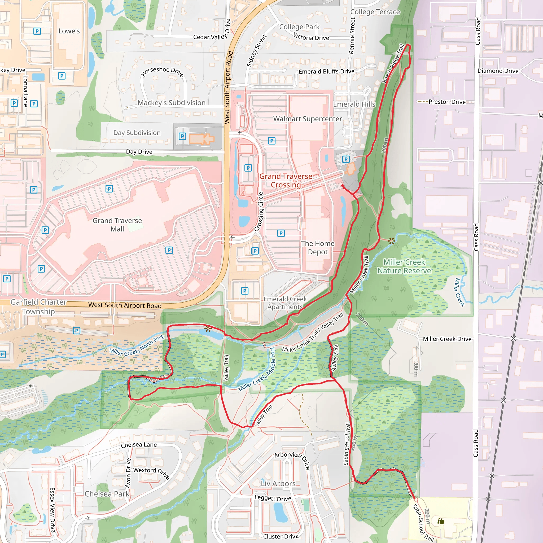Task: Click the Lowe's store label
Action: coord(69,31)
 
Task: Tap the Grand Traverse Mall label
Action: coord(117,225)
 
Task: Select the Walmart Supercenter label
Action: coord(308,119)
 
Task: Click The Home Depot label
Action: coord(318,247)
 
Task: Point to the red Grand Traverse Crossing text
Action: coord(286,181)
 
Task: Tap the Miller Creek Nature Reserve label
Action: coord(404,266)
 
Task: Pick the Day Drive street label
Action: coord(139,152)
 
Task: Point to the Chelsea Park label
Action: coord(107,494)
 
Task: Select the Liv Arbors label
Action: coord(278,483)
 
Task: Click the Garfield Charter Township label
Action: coord(38,307)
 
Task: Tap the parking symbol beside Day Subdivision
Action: coord(182,137)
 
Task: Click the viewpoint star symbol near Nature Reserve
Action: coord(391,240)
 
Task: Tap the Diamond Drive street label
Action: coord(498,71)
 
